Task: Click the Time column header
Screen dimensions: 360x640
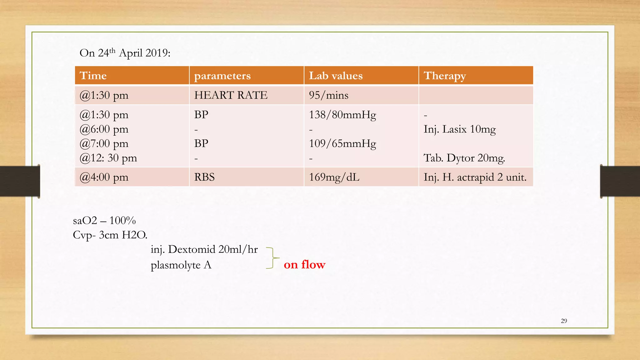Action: point(93,76)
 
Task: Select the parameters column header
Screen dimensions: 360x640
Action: point(222,76)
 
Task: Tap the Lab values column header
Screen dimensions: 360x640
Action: point(336,76)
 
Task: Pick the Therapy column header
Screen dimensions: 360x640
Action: point(445,76)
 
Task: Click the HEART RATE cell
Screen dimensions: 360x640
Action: point(231,95)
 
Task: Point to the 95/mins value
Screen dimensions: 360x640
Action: point(328,95)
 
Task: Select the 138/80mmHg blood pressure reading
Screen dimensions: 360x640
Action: point(342,115)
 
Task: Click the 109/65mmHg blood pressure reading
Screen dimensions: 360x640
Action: point(342,144)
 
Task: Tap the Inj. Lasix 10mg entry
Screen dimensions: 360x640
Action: point(459,129)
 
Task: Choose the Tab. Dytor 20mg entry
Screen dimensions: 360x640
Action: point(464,158)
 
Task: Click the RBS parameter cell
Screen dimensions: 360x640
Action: point(204,177)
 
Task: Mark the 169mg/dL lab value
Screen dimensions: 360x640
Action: point(334,177)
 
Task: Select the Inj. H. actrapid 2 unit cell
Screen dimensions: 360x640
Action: point(475,177)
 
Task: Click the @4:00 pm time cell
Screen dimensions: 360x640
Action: point(104,177)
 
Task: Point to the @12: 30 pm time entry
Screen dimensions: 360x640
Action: point(108,158)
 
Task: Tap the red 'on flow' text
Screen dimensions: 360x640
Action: point(304,265)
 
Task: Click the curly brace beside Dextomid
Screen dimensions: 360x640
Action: point(272,258)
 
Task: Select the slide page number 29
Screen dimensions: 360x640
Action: point(564,321)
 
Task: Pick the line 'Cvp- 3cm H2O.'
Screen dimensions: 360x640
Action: point(110,235)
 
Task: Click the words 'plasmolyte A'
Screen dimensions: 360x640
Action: point(181,265)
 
